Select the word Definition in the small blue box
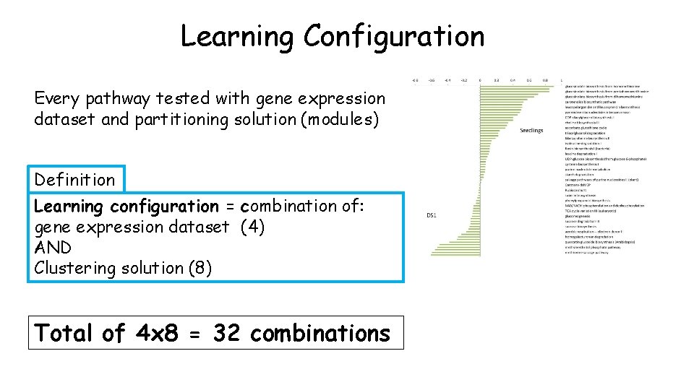tap(74, 180)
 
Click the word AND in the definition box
tap(53, 248)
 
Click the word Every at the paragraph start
tap(60, 98)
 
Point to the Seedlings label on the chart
tap(531, 131)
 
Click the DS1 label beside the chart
tap(432, 215)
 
